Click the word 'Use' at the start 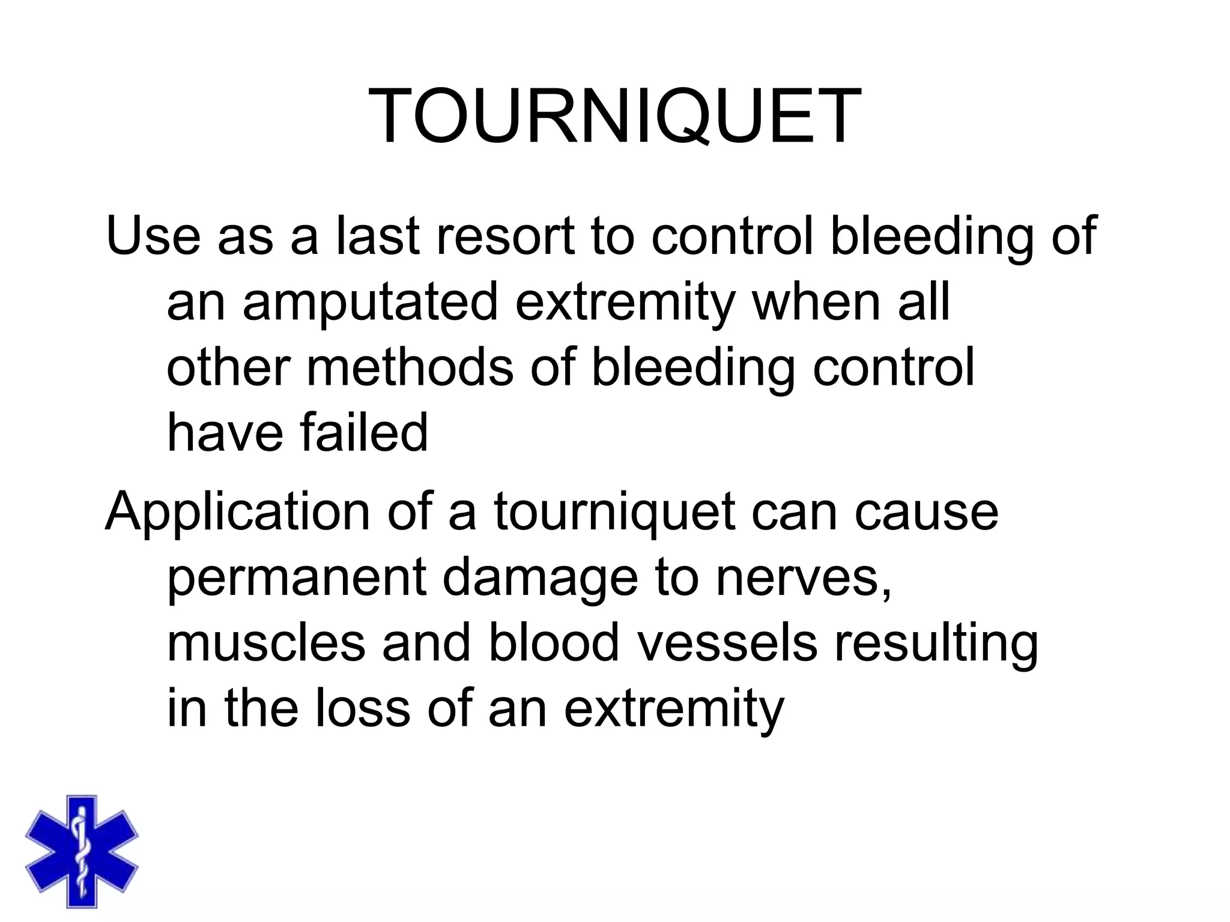click(153, 235)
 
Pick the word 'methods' click(410, 367)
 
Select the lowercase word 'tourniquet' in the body click(614, 513)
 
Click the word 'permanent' click(296, 577)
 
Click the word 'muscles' click(265, 642)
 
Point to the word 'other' click(228, 367)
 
